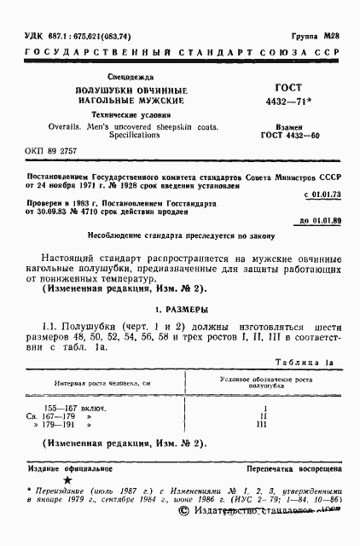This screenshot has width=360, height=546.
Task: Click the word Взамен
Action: [285, 125]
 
